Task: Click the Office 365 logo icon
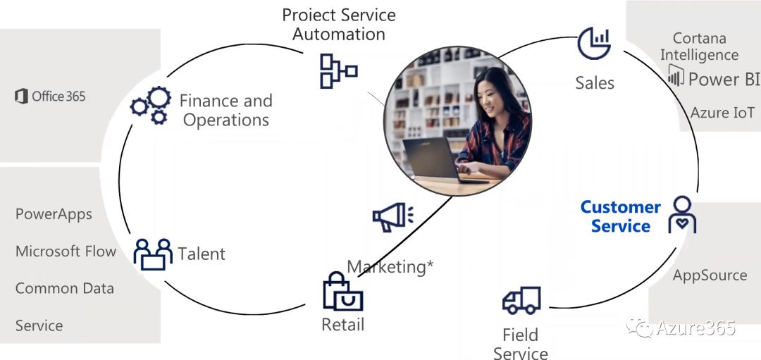click(21, 97)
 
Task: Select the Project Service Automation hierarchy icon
click(338, 71)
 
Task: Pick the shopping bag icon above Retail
click(342, 293)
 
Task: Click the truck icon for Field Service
click(521, 302)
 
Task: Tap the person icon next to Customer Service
click(681, 216)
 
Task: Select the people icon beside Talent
click(153, 254)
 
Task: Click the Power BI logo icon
click(675, 76)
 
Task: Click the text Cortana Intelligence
click(699, 46)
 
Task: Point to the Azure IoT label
click(722, 113)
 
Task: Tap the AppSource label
click(710, 275)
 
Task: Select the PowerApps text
click(54, 214)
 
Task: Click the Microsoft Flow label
click(66, 252)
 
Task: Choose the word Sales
click(594, 83)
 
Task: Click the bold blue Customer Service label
click(620, 216)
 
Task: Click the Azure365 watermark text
click(695, 328)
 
